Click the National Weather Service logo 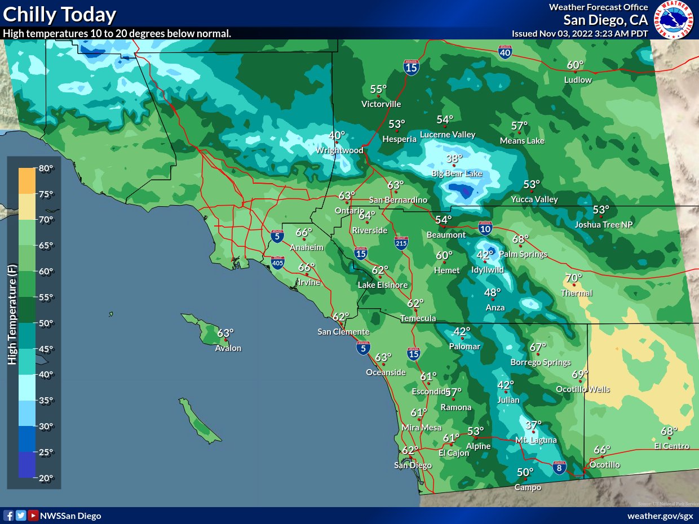674,20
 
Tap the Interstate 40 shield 505,52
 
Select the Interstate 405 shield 277,262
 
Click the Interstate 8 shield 559,467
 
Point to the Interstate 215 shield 401,242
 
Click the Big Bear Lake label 457,174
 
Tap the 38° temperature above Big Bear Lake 454,159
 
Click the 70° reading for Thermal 574,278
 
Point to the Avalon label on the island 228,348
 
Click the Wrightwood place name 339,150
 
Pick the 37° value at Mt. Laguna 534,425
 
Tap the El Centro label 672,446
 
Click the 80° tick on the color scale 46,168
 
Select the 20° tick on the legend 46,478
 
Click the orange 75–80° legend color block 26,180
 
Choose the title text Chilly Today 60,15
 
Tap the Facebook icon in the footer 8,516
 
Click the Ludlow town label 578,80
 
